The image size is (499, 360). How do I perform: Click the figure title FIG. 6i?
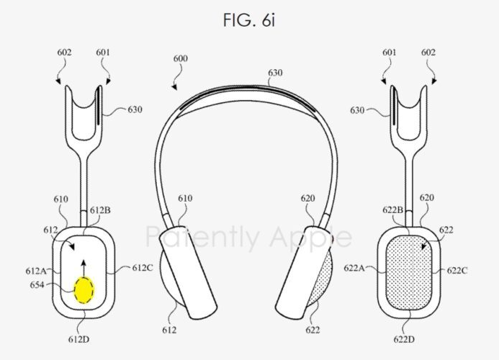coord(249,19)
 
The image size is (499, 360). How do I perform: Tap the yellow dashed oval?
coord(84,289)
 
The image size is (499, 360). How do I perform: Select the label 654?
coord(37,284)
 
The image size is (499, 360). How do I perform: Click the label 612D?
coord(78,339)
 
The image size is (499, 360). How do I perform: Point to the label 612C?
coord(143,268)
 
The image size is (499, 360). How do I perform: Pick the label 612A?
coord(36,271)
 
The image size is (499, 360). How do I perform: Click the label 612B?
coord(100,210)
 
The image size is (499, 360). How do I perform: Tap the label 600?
coord(181,58)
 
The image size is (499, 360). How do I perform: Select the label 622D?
coord(404,339)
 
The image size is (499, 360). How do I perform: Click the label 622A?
coord(354,268)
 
